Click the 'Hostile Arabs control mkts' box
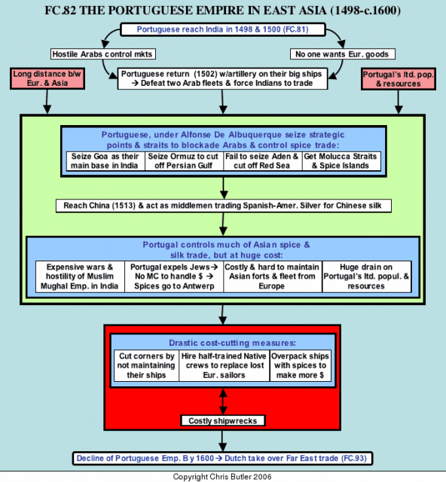(x=103, y=54)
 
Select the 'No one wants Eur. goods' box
(x=342, y=54)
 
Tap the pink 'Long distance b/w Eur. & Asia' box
(x=47, y=78)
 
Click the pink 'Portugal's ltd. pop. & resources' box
(x=399, y=78)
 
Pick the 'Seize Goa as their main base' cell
(x=105, y=161)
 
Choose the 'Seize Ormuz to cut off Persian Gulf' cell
(x=184, y=161)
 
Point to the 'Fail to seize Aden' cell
(x=263, y=161)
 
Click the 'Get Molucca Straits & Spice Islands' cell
(x=341, y=161)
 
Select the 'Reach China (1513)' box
(x=223, y=206)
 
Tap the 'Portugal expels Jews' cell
(x=174, y=276)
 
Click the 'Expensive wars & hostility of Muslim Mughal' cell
(x=80, y=276)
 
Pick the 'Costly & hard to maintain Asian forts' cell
(x=273, y=276)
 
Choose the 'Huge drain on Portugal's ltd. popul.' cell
(x=367, y=276)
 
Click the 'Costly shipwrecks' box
(x=223, y=420)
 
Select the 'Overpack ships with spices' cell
(x=301, y=365)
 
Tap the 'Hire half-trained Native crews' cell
(x=225, y=365)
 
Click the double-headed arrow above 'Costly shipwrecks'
(x=223, y=401)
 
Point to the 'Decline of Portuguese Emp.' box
(x=222, y=459)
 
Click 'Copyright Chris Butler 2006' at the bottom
(x=222, y=477)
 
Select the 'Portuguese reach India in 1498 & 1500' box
(x=223, y=29)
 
